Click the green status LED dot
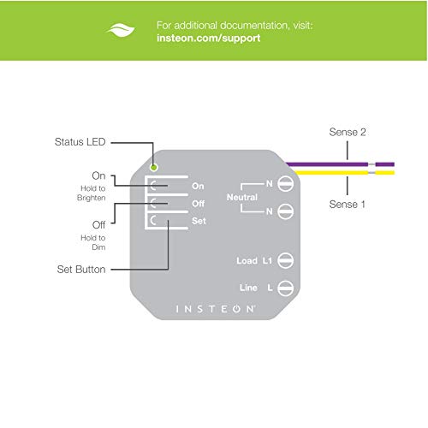[x=154, y=168]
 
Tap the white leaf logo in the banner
[x=121, y=30]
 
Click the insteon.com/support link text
[x=209, y=39]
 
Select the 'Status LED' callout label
[x=80, y=142]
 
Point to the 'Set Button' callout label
[x=81, y=270]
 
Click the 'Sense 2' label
[x=348, y=132]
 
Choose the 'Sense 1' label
[x=347, y=205]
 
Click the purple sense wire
[x=340, y=164]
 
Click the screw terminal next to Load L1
[x=285, y=260]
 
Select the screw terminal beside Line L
[x=285, y=288]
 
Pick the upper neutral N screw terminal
[x=285, y=184]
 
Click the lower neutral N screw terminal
[x=285, y=211]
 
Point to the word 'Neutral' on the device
[x=242, y=197]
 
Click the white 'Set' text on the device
[x=199, y=221]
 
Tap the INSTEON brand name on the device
[x=216, y=309]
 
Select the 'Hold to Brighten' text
[x=92, y=193]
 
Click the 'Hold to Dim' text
[x=93, y=242]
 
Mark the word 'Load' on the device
[x=247, y=261]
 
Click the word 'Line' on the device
[x=248, y=288]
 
